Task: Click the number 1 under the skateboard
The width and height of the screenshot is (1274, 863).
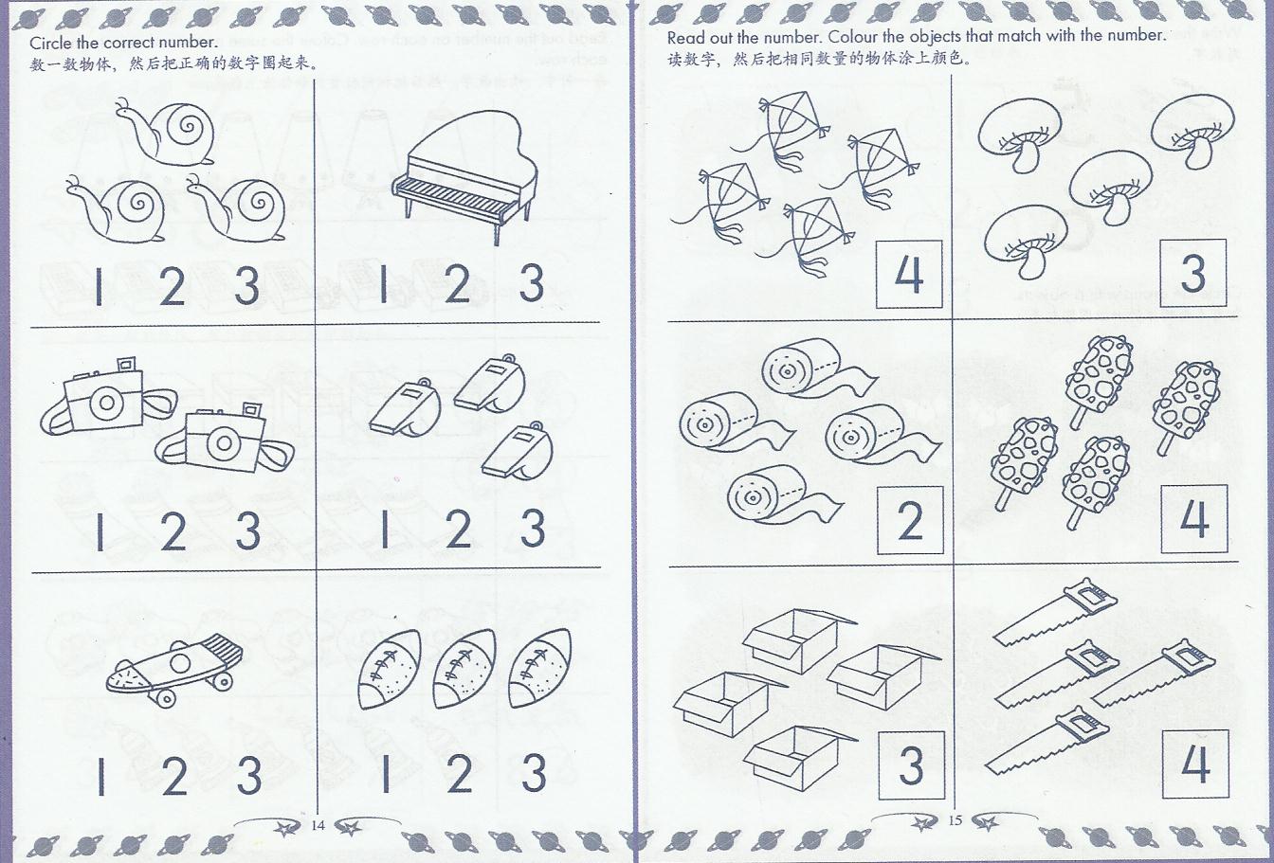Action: click(101, 776)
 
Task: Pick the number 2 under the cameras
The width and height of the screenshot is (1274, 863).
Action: click(173, 531)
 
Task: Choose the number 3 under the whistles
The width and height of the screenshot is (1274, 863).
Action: click(533, 529)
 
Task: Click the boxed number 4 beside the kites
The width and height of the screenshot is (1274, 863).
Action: click(909, 274)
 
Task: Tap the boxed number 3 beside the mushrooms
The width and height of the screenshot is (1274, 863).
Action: click(1192, 273)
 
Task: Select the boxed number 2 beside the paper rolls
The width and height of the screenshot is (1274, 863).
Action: click(910, 520)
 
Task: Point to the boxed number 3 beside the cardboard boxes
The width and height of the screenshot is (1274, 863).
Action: click(911, 765)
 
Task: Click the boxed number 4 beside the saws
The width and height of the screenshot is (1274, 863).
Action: click(1195, 764)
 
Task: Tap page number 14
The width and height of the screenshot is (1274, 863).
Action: click(318, 825)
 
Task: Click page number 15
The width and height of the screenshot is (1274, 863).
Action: click(955, 820)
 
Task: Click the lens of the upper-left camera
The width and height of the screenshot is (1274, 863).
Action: click(106, 403)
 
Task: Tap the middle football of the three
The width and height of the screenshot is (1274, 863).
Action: click(463, 669)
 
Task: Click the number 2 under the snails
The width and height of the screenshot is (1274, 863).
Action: click(172, 286)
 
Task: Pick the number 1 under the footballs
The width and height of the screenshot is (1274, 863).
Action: click(386, 773)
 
